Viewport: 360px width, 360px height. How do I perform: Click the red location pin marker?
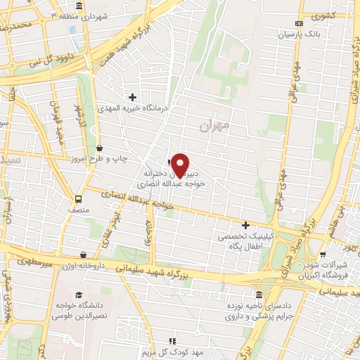pyautogui.click(x=181, y=164)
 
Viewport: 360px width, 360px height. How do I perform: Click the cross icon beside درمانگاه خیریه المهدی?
pyautogui.click(x=131, y=97)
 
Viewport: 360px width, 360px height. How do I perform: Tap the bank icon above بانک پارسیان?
pyautogui.click(x=298, y=22)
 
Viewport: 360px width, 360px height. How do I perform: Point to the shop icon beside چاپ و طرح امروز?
pyautogui.click(x=99, y=148)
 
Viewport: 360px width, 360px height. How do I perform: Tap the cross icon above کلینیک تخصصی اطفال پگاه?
pyautogui.click(x=245, y=226)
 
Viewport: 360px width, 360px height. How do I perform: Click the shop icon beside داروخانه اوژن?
pyautogui.click(x=84, y=255)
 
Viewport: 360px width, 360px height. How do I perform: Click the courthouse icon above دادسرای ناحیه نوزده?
pyautogui.click(x=259, y=295)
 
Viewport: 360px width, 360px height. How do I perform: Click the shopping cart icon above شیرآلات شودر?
pyautogui.click(x=322, y=255)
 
